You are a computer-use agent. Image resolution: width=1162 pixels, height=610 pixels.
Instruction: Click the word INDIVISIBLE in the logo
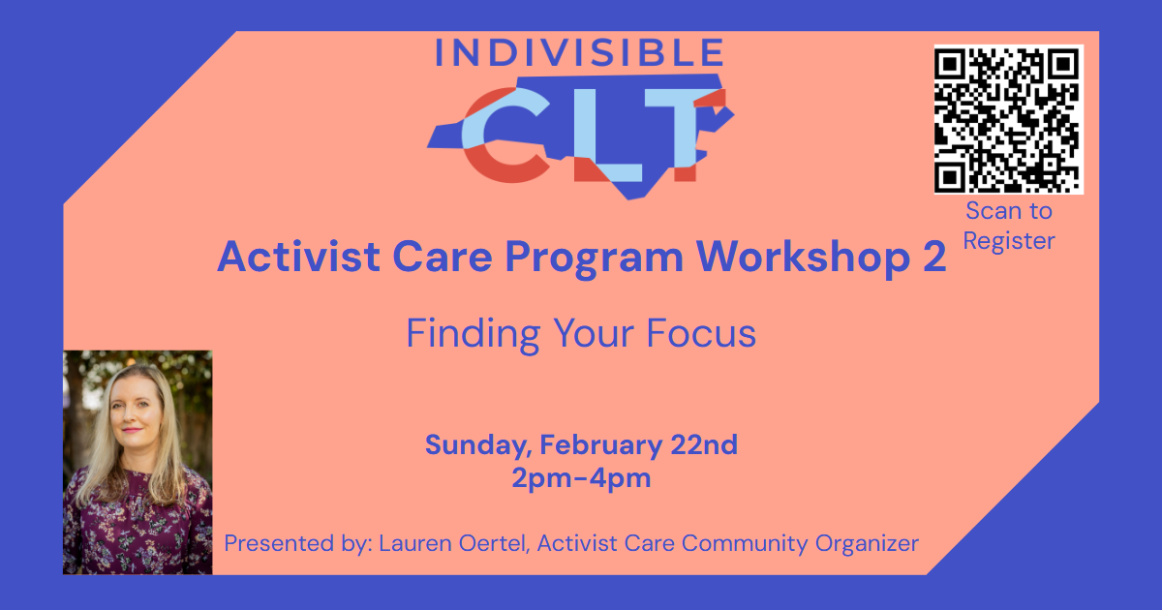pos(579,54)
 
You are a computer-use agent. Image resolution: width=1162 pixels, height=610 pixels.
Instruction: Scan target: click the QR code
pos(1008,118)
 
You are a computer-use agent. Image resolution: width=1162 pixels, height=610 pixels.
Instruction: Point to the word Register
pos(1008,240)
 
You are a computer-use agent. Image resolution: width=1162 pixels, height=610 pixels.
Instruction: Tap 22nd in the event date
pos(704,445)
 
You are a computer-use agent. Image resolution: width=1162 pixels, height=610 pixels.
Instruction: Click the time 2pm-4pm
pos(581,478)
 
